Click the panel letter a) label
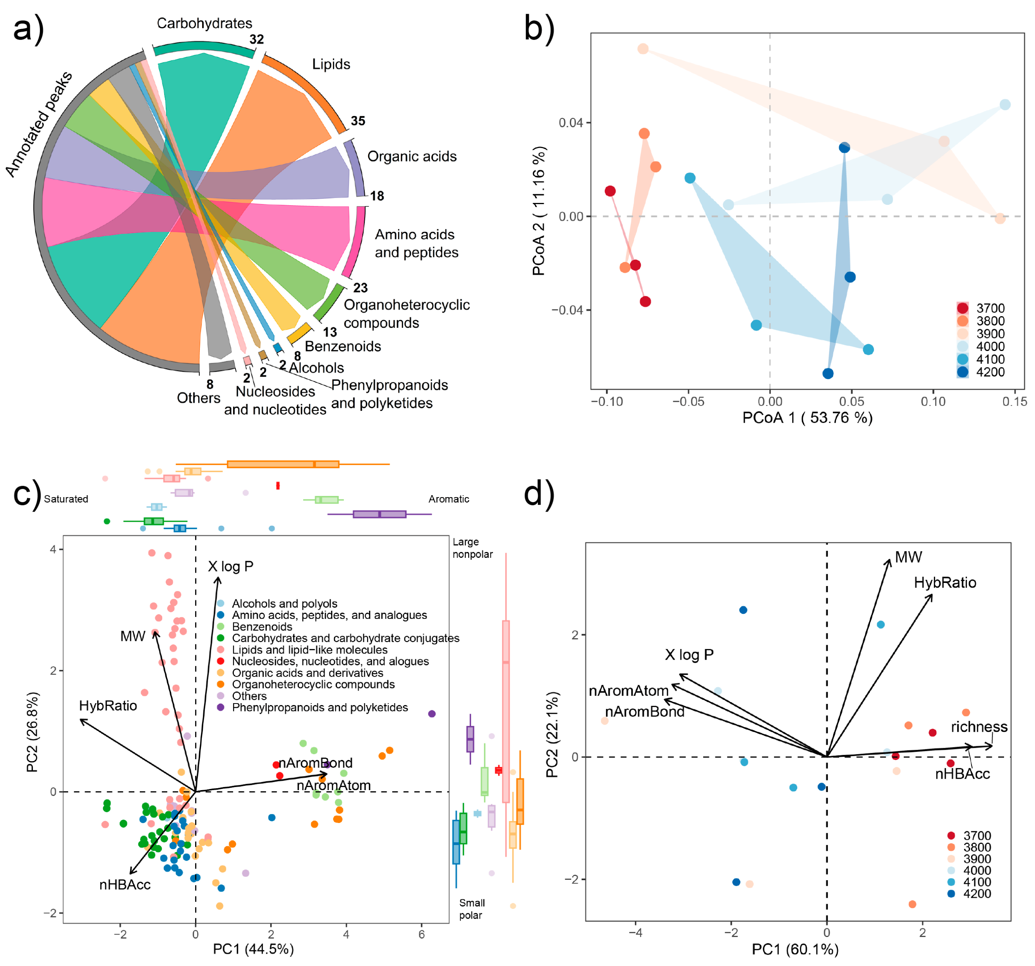(x=28, y=29)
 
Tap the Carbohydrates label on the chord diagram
(x=204, y=24)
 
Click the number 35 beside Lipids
(x=358, y=121)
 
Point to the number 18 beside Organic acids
(x=376, y=196)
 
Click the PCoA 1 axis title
(x=807, y=418)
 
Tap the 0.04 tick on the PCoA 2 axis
(x=571, y=123)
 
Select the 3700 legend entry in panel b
(x=990, y=308)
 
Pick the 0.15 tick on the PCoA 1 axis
(x=1014, y=401)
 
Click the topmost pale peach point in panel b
(x=643, y=49)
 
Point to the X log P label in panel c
(x=231, y=566)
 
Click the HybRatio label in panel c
(x=108, y=706)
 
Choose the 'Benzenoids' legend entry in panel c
(x=262, y=627)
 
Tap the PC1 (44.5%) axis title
(x=253, y=949)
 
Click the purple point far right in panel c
(x=432, y=714)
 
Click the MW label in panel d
(x=908, y=557)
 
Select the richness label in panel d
(x=979, y=727)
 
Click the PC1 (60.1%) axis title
(x=795, y=949)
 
